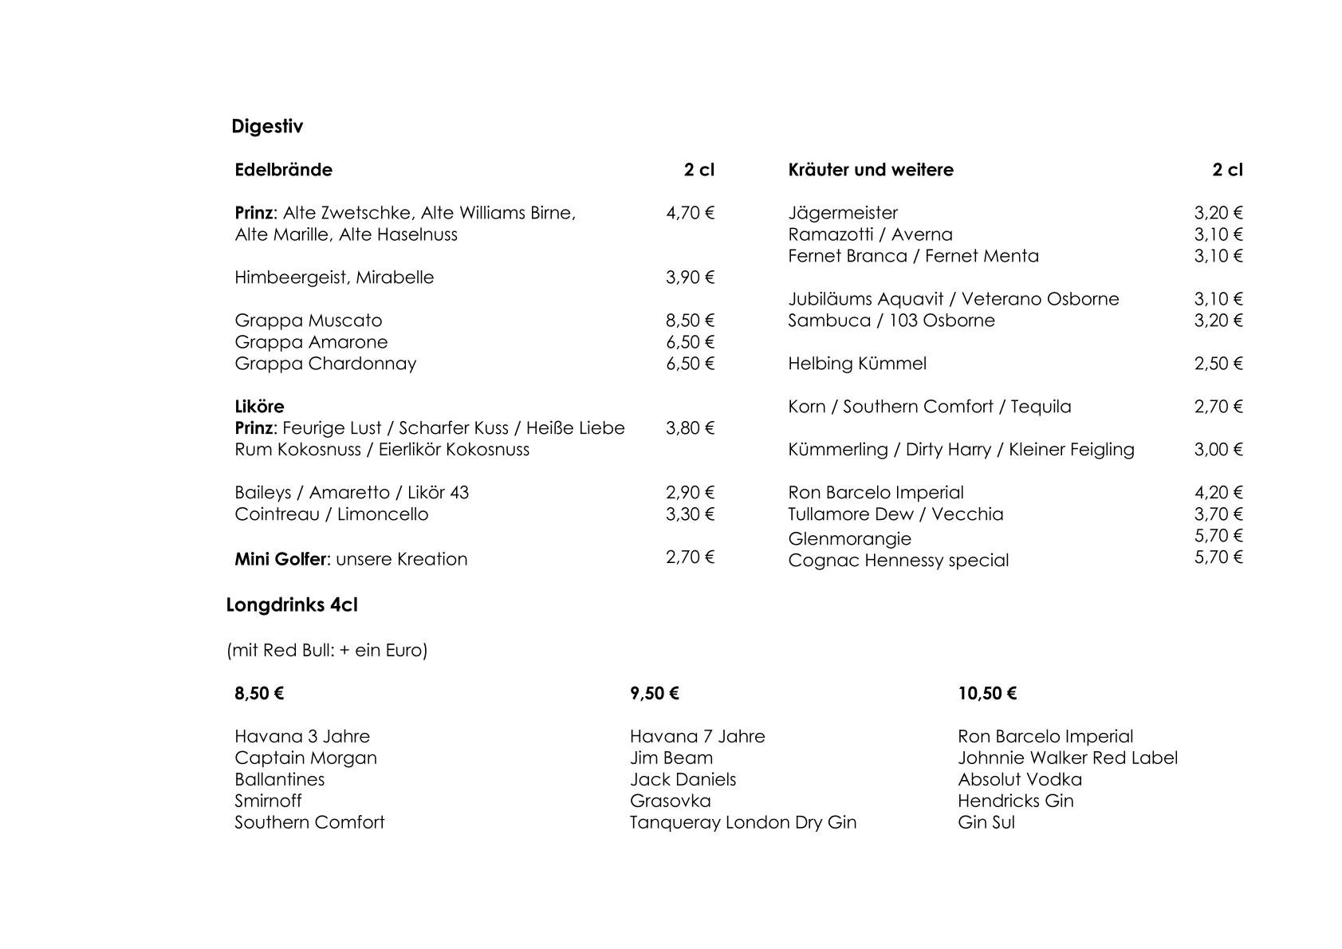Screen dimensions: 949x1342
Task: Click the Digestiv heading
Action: point(267,127)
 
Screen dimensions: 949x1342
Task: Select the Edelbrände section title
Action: point(283,170)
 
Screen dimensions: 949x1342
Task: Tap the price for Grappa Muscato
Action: point(690,321)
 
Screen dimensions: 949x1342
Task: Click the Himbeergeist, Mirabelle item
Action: point(334,278)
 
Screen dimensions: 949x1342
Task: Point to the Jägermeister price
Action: point(1218,213)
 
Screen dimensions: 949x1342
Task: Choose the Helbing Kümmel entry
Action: point(857,364)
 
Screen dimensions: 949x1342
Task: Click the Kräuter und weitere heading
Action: point(870,170)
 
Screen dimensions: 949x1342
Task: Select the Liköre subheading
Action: point(259,407)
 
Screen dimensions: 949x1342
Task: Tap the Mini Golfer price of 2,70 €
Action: point(690,557)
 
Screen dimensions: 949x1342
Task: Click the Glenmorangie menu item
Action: point(849,539)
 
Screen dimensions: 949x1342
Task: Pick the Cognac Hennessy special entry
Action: point(898,561)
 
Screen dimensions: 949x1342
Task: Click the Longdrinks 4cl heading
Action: point(292,605)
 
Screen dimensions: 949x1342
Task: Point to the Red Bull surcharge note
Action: point(327,651)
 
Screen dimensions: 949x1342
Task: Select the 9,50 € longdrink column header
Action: point(654,694)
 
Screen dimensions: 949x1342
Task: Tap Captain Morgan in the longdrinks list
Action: point(305,758)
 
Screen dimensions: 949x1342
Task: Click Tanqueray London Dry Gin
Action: point(742,823)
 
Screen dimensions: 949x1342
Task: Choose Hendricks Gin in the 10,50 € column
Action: point(1015,801)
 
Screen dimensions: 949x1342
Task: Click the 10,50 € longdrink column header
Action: point(987,694)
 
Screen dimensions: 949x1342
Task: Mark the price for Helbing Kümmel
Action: point(1218,364)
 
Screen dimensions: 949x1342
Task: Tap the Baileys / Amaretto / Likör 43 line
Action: point(352,493)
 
